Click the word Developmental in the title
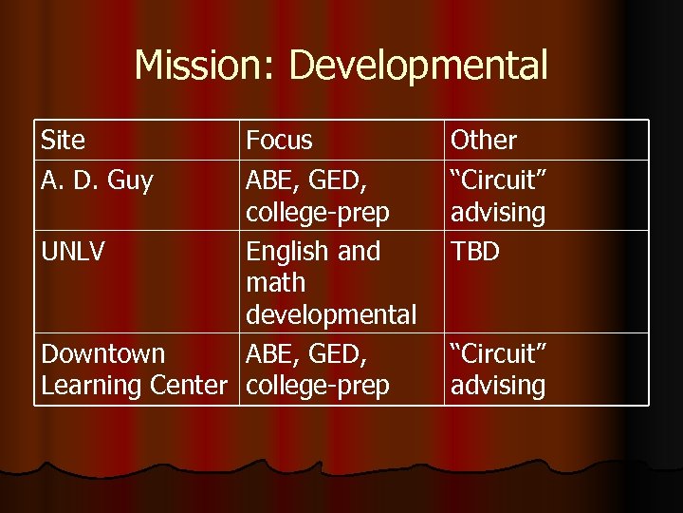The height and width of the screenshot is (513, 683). [x=418, y=66]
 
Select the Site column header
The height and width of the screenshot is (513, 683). [x=63, y=141]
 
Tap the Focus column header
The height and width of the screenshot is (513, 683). [x=279, y=141]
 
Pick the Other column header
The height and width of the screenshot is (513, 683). [x=484, y=141]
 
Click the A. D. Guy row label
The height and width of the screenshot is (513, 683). [x=97, y=180]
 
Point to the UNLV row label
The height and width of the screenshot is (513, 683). [x=74, y=252]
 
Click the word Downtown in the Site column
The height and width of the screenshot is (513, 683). [x=102, y=354]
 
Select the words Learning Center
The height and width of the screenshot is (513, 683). [x=134, y=386]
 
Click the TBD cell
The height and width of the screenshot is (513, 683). [x=475, y=252]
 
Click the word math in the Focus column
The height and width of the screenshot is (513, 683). [x=276, y=283]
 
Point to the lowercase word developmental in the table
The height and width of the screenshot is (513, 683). [x=331, y=314]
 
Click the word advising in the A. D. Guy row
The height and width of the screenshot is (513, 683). [x=498, y=213]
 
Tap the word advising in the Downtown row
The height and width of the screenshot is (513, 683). [x=498, y=386]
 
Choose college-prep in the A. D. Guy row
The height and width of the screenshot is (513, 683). [x=318, y=213]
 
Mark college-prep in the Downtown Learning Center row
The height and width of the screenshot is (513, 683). [x=318, y=386]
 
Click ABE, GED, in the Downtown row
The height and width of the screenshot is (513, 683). [x=307, y=354]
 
